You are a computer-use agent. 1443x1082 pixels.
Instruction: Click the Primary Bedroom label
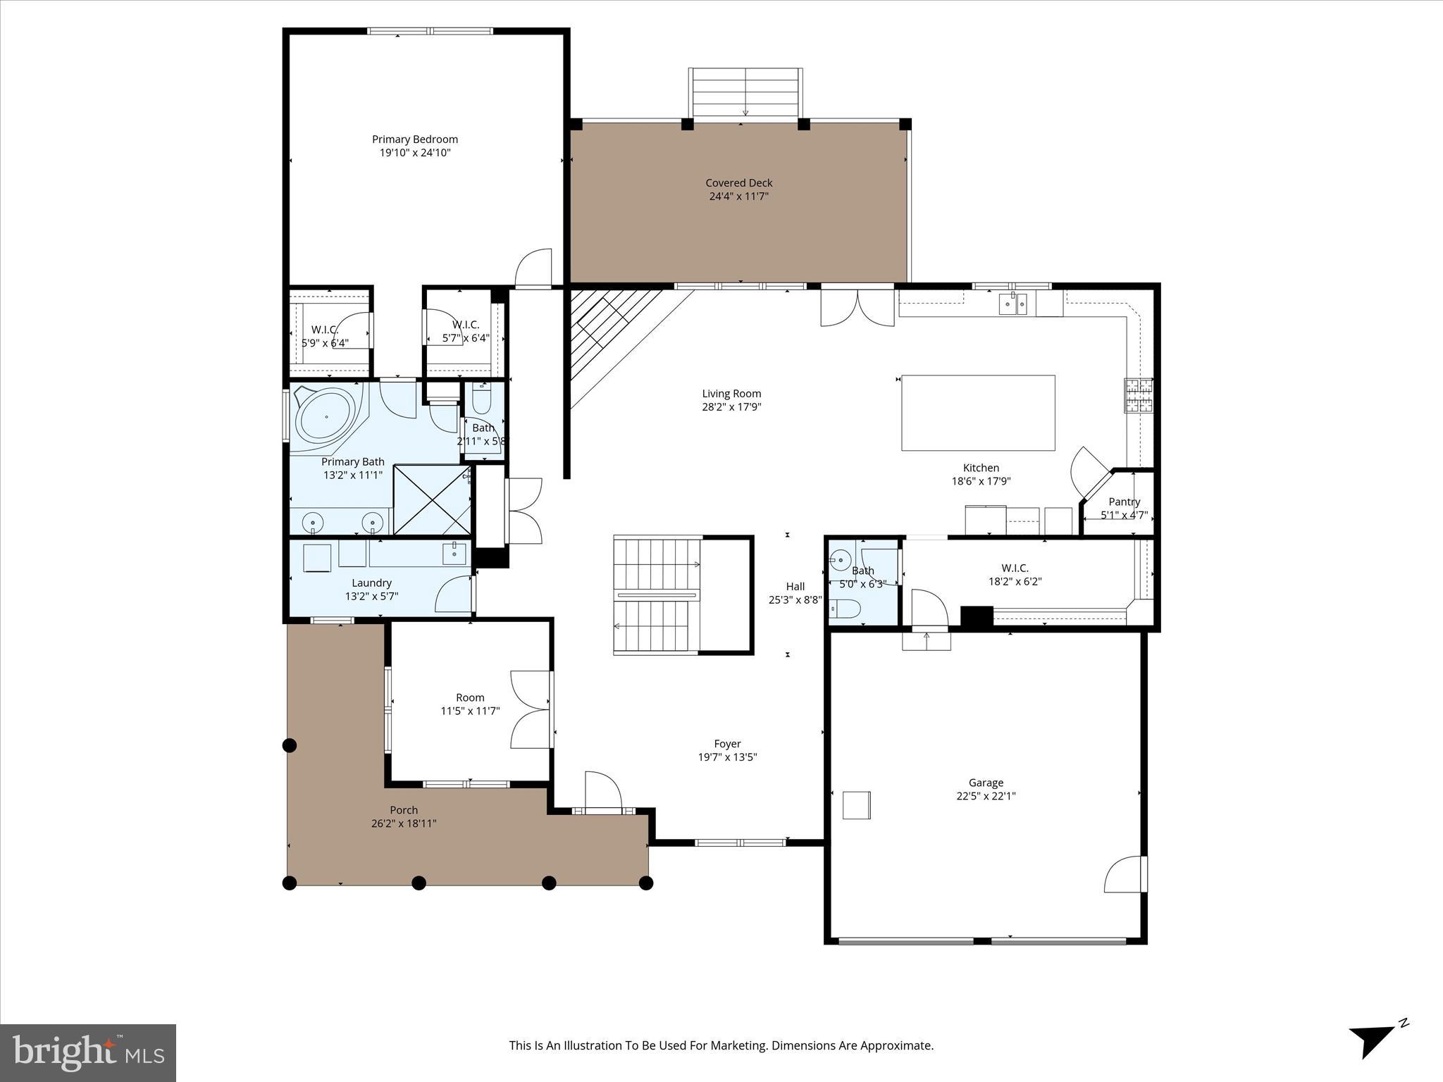tap(414, 139)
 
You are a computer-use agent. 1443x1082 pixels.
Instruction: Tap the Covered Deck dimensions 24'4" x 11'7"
tap(738, 197)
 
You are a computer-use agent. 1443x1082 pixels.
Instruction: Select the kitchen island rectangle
tap(978, 413)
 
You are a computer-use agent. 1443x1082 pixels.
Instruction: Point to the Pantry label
tap(1124, 502)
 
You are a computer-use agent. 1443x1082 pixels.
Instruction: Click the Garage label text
tap(985, 783)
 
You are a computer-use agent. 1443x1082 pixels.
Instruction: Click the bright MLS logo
tap(88, 1052)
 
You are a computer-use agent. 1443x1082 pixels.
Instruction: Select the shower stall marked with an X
tap(431, 499)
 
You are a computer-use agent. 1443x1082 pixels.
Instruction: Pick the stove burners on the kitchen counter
tap(1137, 395)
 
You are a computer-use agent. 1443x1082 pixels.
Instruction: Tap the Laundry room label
tap(371, 583)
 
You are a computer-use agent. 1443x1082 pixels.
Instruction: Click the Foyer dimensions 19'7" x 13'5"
tap(727, 757)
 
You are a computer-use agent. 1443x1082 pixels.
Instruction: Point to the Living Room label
tap(731, 394)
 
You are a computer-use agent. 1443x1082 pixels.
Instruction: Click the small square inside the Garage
tap(856, 805)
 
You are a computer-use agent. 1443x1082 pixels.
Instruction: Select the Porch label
tap(404, 810)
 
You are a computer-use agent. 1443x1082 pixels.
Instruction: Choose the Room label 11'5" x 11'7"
tap(470, 697)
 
